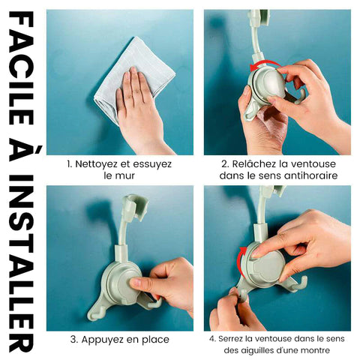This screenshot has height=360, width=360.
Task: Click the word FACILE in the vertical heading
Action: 21,69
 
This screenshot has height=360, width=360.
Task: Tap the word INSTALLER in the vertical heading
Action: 21,263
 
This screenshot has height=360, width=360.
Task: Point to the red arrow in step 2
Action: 265,64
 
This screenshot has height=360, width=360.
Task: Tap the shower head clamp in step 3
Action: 134,205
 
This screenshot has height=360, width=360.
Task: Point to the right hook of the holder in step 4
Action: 298,283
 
